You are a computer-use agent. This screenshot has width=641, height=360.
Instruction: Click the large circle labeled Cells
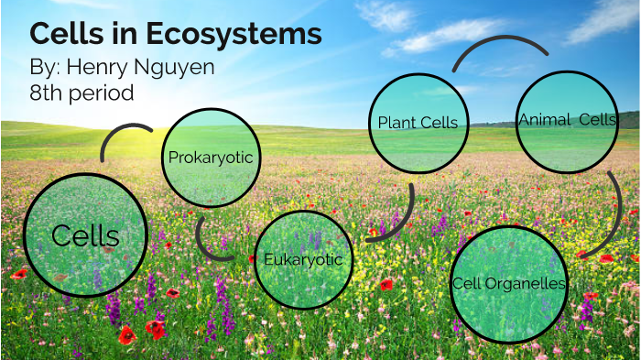click(x=85, y=235)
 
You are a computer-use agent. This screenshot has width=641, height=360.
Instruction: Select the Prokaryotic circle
click(x=210, y=158)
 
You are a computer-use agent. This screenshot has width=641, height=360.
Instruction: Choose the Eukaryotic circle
click(x=303, y=259)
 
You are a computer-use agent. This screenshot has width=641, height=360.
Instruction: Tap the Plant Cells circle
click(x=417, y=123)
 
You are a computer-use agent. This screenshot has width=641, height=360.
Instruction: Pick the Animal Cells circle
click(x=566, y=121)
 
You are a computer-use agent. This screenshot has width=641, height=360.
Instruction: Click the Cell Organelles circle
click(x=509, y=283)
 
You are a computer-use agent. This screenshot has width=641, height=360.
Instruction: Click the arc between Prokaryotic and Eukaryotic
click(x=208, y=235)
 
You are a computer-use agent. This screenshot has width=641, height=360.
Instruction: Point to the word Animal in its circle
click(x=545, y=120)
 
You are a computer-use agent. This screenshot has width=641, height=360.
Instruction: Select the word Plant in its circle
click(x=396, y=123)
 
